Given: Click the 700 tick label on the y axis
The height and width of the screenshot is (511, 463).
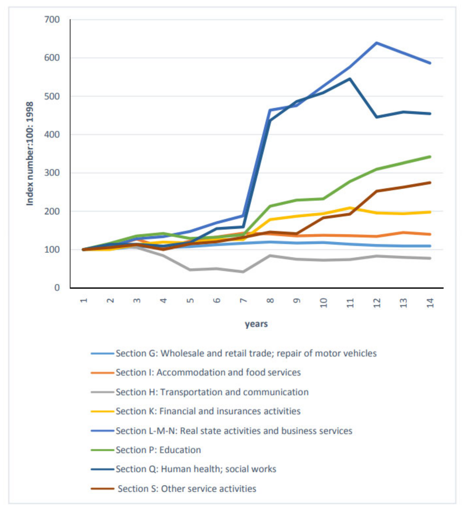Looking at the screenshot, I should (52, 20).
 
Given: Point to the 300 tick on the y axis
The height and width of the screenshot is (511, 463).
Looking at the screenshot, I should (52, 173).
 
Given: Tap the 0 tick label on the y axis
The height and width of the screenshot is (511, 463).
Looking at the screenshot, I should (57, 288).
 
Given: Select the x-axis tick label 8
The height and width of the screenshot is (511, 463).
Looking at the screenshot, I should (270, 301).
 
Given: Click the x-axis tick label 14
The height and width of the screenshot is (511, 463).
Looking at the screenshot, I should (430, 303).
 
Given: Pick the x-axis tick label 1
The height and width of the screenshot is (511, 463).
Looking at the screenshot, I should (84, 301).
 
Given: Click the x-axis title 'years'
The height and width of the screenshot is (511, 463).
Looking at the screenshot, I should (256, 324).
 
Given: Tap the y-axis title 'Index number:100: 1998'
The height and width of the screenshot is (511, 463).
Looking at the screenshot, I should (30, 154).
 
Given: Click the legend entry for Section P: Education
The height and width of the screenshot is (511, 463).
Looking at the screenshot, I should (158, 450).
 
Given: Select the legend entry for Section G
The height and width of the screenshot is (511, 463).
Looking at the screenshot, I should (246, 353).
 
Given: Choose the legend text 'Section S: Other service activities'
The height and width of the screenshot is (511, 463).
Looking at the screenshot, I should (187, 489).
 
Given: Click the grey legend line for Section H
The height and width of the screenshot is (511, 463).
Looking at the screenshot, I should (102, 392).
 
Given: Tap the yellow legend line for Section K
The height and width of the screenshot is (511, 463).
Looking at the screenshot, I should (102, 411).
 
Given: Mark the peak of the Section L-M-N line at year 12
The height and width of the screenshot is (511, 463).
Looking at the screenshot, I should (377, 43).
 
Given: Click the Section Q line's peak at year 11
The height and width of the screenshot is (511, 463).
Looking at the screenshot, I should (350, 79).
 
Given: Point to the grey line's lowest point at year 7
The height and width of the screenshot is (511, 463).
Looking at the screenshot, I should (243, 272).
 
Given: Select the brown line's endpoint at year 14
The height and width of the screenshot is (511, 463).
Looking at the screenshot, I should (430, 183).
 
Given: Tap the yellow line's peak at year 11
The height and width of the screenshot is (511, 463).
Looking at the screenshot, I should (350, 208).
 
